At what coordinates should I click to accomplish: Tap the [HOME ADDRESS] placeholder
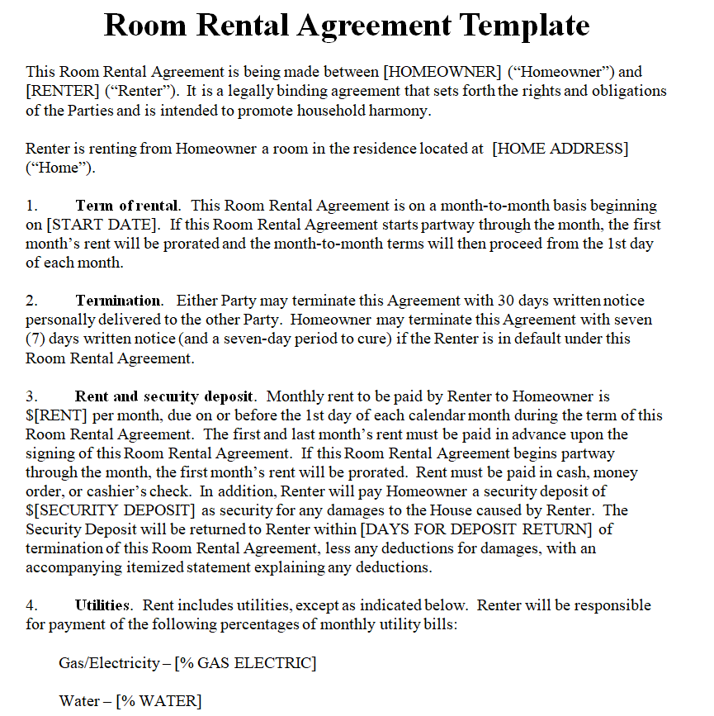(560, 149)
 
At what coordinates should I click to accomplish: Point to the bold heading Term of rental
(126, 206)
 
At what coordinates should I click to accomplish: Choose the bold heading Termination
(118, 301)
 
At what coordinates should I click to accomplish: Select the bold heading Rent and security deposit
(165, 396)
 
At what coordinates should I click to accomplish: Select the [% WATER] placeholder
(158, 701)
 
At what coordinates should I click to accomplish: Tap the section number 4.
(31, 605)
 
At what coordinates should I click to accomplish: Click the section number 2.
(31, 301)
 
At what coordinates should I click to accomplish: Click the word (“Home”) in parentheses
(59, 168)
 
